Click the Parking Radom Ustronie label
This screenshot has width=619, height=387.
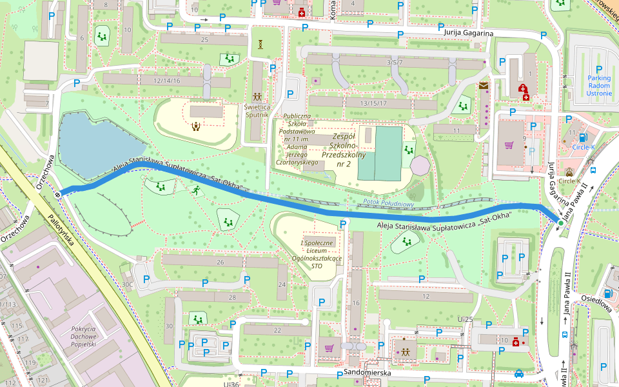coord(599,85)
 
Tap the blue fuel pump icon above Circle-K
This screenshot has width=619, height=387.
coord(583,137)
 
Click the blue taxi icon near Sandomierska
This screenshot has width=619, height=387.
coord(519,373)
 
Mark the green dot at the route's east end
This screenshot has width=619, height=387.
coord(560,223)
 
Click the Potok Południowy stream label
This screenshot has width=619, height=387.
coord(388,203)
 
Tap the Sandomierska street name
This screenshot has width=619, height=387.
coord(364,373)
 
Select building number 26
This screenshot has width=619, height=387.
coord(220,262)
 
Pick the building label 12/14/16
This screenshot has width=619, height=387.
coord(167,81)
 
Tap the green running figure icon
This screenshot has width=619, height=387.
coord(195,190)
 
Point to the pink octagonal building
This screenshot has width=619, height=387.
coord(420,165)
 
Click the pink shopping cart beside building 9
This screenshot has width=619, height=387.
coord(509,145)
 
